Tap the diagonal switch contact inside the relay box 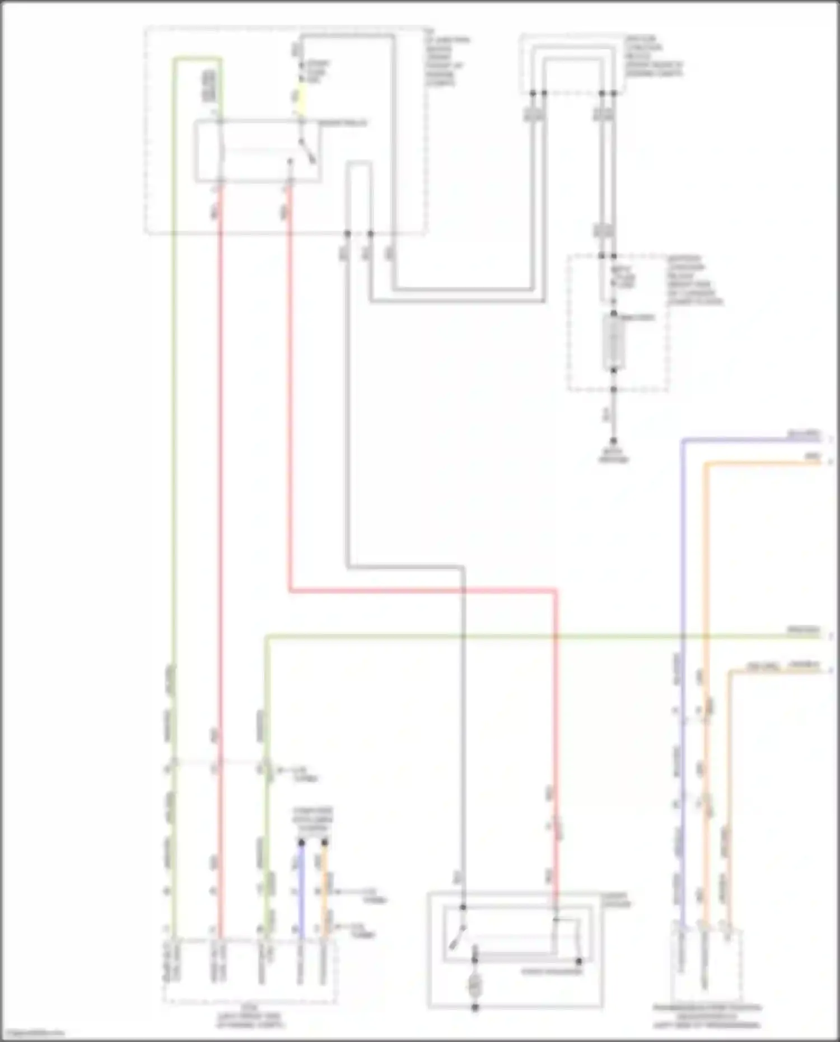click(x=307, y=150)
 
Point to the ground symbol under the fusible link click(x=614, y=442)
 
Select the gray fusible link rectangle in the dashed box click(x=614, y=342)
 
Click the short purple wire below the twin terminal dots click(x=301, y=890)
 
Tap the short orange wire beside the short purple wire click(x=325, y=890)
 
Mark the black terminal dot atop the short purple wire click(x=301, y=843)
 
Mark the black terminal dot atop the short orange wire click(x=325, y=843)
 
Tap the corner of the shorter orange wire click(x=730, y=671)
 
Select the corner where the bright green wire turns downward click(x=267, y=637)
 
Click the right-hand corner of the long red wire click(x=556, y=591)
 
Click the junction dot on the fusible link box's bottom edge click(x=614, y=389)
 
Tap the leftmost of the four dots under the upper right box click(x=533, y=93)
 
